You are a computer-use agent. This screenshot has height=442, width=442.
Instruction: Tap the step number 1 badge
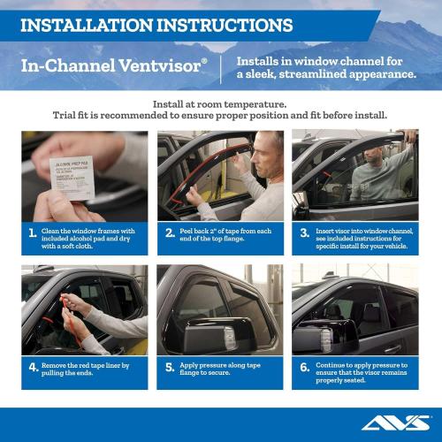click(x=32, y=234)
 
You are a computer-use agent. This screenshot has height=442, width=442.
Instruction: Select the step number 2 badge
click(x=170, y=234)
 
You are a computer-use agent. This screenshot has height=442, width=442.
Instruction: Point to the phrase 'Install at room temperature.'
click(x=220, y=103)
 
